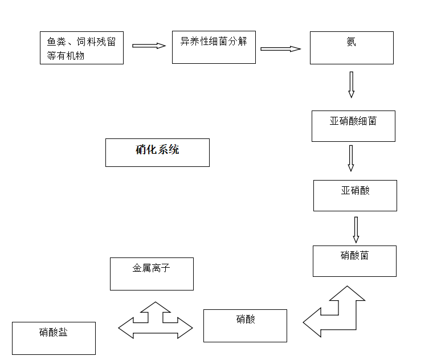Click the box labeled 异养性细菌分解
click(214, 47)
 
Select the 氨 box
click(352, 47)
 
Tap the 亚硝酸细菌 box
click(353, 126)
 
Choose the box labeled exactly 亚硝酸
click(355, 195)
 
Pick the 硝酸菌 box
click(354, 261)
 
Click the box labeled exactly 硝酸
click(245, 325)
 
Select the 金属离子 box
click(152, 273)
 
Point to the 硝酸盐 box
click(54, 338)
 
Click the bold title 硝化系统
click(157, 152)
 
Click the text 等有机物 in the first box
click(66, 56)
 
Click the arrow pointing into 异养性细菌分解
click(148, 46)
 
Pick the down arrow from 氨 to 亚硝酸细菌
click(351, 84)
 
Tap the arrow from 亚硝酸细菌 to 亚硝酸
click(351, 158)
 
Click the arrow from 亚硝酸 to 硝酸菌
click(356, 229)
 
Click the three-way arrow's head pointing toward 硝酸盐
click(126, 328)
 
